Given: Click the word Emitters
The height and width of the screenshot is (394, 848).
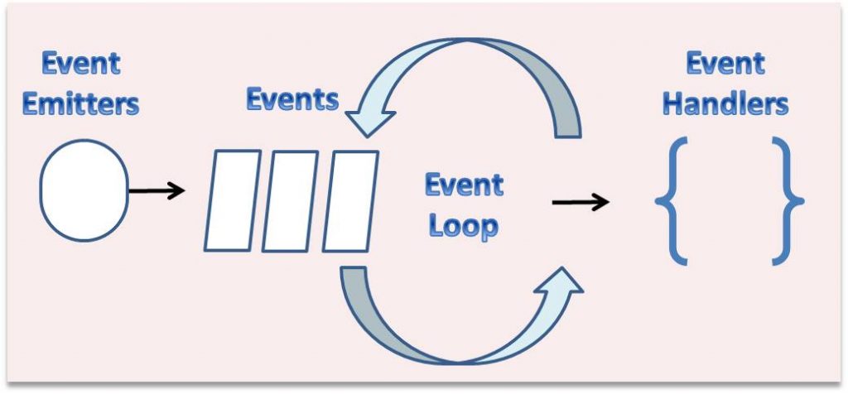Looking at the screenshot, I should tap(80, 104).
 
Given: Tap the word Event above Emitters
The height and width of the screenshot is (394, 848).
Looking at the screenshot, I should tap(80, 64).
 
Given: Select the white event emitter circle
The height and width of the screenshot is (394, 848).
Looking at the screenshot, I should tap(84, 190).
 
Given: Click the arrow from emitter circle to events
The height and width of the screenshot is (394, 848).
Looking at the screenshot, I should tap(157, 191).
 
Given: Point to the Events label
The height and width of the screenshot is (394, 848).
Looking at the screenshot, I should tap(292, 99).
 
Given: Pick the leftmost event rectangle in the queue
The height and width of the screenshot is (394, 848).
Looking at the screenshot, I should tap(233, 200).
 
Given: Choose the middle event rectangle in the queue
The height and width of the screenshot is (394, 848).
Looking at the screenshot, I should tap(290, 200).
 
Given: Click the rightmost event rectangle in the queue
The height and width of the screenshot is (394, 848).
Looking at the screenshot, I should tap(349, 200).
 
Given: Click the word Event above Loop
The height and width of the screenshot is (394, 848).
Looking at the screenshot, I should tap(464, 185).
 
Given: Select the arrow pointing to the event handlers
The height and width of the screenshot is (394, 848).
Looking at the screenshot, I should tap(581, 202).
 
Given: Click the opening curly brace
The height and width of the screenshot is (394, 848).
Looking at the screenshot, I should tap(672, 201).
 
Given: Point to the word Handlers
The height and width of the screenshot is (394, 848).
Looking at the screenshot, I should tap(725, 104).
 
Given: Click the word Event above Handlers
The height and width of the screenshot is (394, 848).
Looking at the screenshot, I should tap(725, 64).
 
